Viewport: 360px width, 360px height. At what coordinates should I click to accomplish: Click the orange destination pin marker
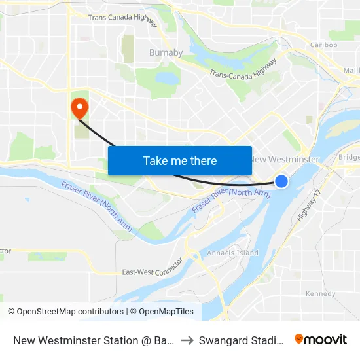[79, 107]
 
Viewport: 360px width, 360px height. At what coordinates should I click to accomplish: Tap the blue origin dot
[281, 181]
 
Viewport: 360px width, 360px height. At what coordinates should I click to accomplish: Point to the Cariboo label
[323, 45]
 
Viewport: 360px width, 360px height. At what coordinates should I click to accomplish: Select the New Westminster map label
[286, 160]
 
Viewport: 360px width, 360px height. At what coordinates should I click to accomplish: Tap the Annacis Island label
[232, 253]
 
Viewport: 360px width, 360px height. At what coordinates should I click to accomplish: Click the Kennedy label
[320, 294]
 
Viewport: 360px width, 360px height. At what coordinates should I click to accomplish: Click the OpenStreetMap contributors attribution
[65, 312]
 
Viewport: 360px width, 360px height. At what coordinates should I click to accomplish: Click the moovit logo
[320, 339]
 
